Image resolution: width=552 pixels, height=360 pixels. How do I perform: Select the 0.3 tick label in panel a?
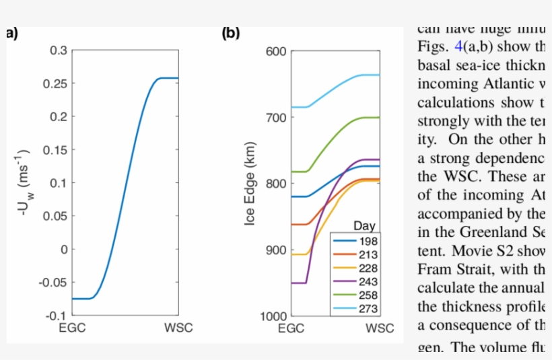tap(59, 50)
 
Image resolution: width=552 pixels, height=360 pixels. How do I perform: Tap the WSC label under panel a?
tap(179, 328)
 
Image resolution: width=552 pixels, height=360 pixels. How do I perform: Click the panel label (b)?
tap(231, 32)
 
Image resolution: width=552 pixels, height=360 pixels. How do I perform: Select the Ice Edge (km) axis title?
tap(252, 183)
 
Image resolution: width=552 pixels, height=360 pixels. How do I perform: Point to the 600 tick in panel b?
tap(278, 51)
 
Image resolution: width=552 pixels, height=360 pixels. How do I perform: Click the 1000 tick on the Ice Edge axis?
tap(275, 316)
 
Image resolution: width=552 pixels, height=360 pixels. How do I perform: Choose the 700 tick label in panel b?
tap(278, 117)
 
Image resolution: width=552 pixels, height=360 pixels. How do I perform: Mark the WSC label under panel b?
tap(380, 328)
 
